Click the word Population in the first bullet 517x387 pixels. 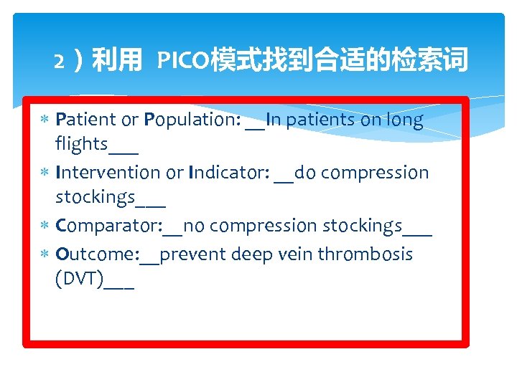190,120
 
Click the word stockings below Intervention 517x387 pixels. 95,196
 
